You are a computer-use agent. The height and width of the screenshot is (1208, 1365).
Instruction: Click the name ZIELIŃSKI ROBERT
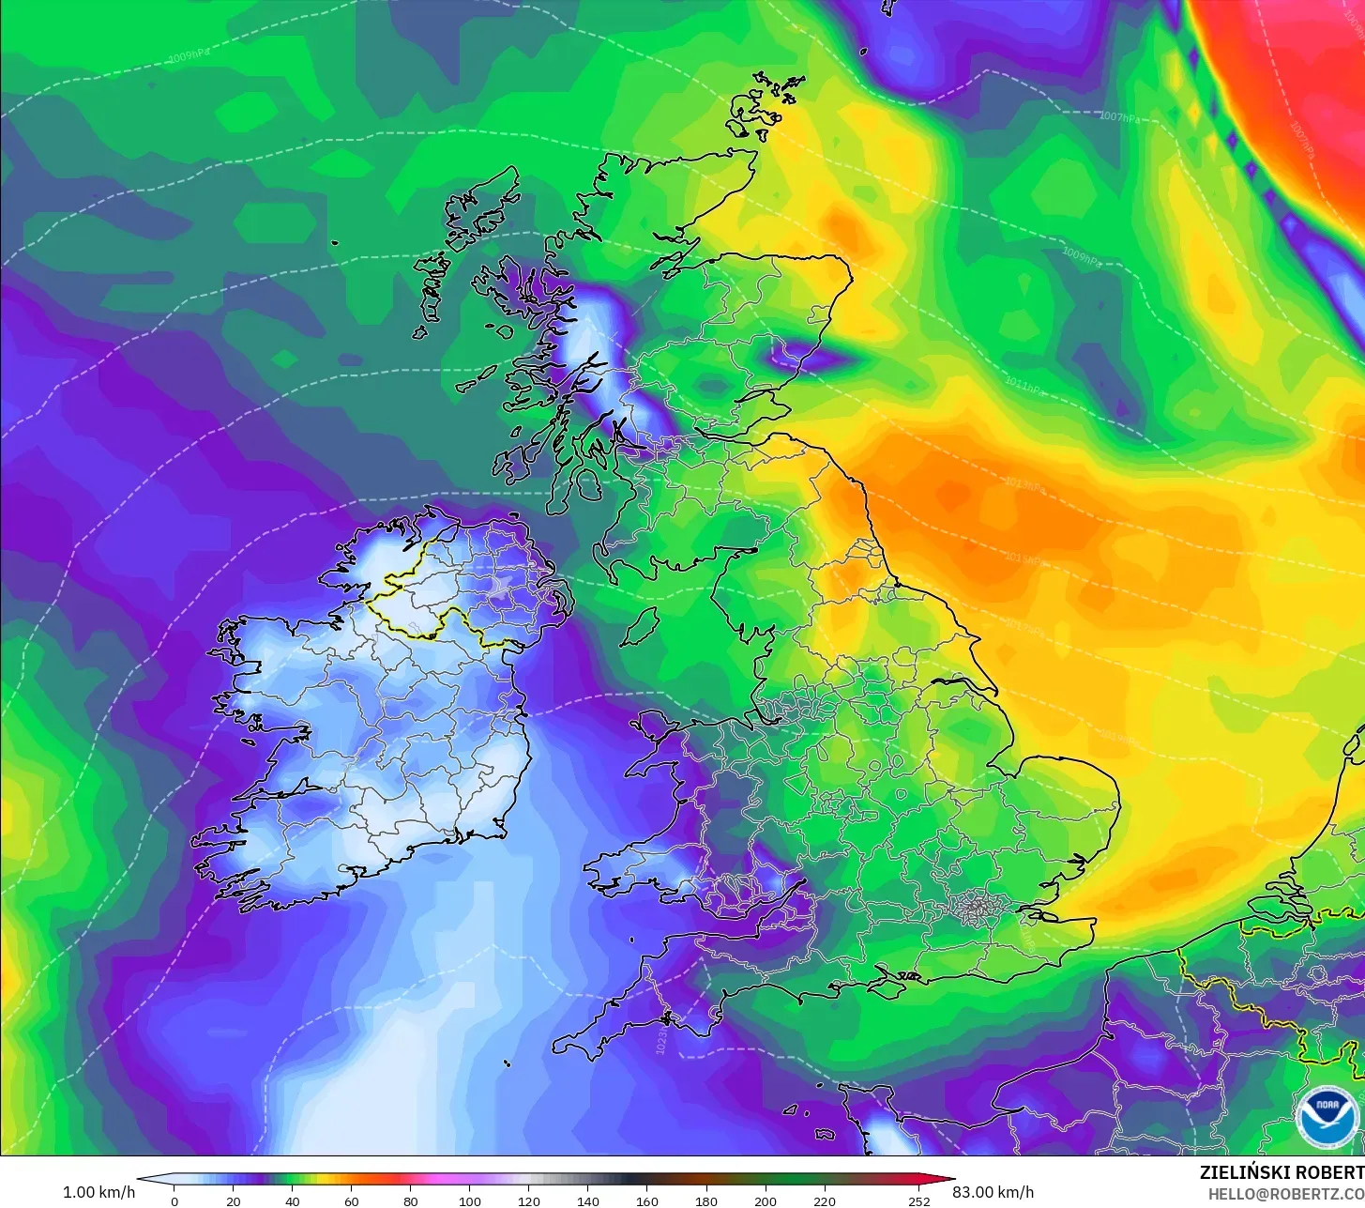tap(1282, 1173)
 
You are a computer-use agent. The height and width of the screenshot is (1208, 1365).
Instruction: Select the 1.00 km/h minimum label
tap(99, 1192)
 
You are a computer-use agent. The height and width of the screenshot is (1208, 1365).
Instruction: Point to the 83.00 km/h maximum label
tap(993, 1192)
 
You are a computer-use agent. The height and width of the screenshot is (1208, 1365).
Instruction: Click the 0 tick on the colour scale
tap(174, 1201)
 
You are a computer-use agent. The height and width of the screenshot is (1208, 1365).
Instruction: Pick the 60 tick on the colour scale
tap(352, 1201)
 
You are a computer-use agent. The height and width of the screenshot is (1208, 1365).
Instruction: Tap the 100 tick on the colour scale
tap(470, 1201)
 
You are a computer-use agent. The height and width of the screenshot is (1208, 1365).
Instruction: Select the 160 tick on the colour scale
tap(647, 1201)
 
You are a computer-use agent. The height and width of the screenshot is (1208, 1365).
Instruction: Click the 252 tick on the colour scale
tap(919, 1201)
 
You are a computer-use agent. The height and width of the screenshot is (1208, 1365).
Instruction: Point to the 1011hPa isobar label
tap(1024, 385)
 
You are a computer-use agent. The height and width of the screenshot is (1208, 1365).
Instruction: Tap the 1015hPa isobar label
tap(1024, 558)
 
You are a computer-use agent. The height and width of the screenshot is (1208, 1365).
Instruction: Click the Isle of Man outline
tap(641, 626)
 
